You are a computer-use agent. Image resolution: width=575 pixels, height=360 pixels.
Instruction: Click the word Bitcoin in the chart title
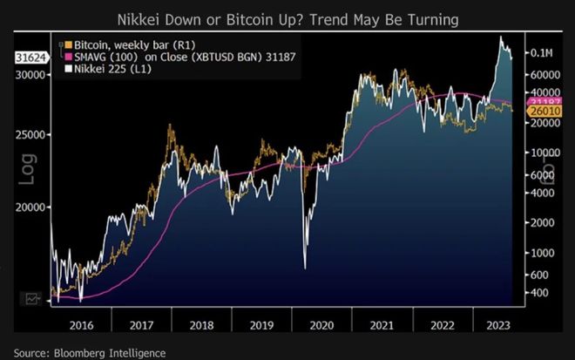click(x=286, y=18)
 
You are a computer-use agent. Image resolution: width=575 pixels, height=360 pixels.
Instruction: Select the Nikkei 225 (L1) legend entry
click(x=98, y=69)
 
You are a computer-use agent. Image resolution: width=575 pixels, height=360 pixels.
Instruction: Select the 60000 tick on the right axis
click(x=541, y=76)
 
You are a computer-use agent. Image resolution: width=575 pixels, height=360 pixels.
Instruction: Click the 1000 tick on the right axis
click(x=539, y=252)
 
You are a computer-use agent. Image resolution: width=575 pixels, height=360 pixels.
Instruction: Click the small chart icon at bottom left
click(x=32, y=298)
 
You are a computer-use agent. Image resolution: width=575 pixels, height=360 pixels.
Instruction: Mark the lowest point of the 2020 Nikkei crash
click(x=305, y=268)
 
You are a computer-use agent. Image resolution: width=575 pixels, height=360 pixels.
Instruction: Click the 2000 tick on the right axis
click(x=539, y=222)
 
